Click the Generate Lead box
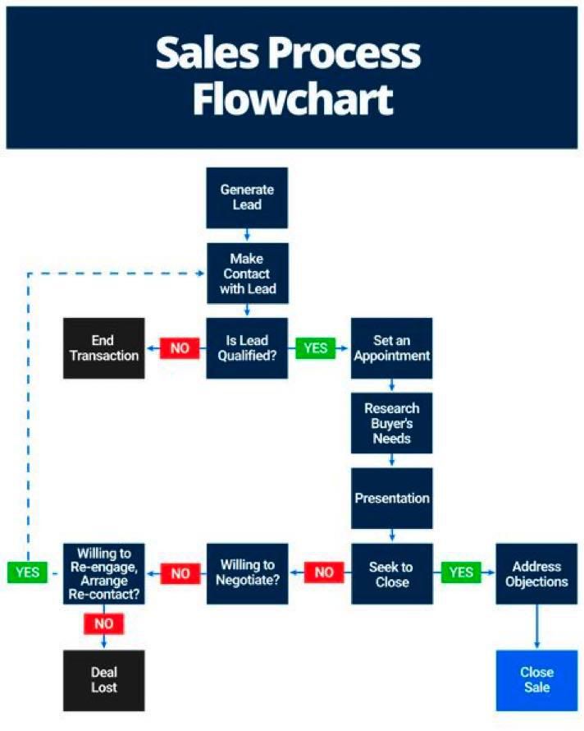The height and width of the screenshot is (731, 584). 247,197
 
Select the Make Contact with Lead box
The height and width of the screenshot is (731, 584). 247,274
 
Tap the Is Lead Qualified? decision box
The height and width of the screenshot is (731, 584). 247,347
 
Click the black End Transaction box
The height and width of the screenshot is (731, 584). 104,347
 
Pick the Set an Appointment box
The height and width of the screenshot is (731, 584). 391,347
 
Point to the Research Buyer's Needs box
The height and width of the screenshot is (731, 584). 391,424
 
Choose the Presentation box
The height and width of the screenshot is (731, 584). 391,499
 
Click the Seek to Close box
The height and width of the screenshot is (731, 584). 391,573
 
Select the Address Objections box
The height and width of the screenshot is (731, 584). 536,573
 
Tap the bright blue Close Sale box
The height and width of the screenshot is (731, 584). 536,680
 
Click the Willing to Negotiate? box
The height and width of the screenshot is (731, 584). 247,573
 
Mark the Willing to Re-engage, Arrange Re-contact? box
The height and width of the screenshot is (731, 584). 104,573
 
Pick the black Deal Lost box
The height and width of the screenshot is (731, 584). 104,680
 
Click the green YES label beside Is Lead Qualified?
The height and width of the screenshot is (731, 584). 316,348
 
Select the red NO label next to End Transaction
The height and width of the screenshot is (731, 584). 179,348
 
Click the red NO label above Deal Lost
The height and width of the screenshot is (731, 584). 104,623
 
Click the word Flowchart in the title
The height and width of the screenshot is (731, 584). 293,100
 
